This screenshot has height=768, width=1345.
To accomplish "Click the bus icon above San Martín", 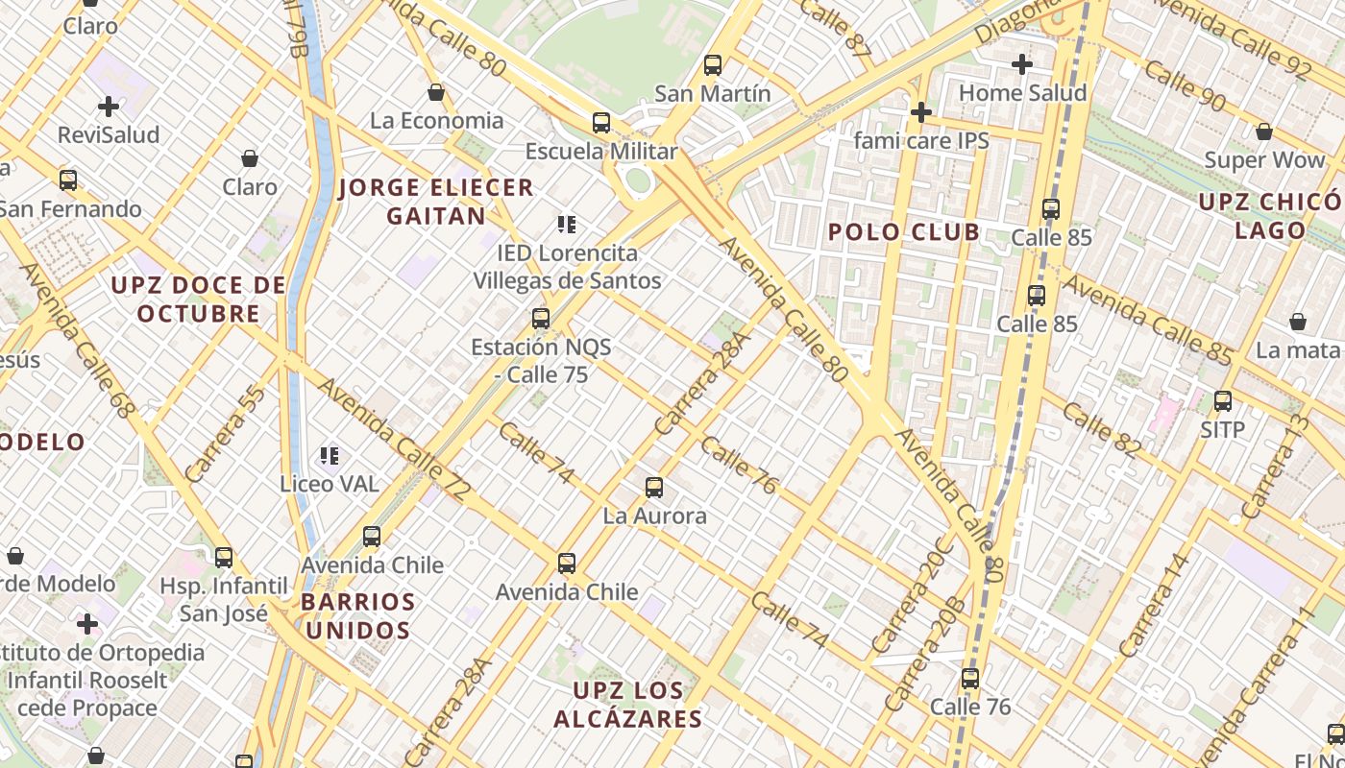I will click(712, 65).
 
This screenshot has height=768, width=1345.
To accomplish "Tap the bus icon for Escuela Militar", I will click(601, 123).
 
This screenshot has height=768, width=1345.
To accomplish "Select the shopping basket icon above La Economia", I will click(436, 92).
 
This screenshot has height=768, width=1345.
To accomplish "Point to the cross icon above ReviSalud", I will click(109, 107).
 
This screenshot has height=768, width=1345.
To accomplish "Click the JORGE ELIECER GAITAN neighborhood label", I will click(436, 202).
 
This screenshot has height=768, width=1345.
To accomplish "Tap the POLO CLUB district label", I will click(904, 231).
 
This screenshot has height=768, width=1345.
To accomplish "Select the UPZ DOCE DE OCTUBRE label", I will click(199, 299).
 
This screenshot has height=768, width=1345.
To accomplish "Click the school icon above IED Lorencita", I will click(567, 225).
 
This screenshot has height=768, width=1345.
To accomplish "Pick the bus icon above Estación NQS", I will click(541, 319).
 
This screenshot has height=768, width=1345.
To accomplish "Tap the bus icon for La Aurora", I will click(654, 488).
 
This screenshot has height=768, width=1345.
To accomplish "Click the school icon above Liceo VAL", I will click(330, 455).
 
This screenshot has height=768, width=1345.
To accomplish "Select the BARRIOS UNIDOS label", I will click(358, 616).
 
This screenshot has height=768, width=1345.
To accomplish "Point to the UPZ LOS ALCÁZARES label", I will click(628, 705).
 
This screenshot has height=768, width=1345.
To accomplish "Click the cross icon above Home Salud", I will click(1022, 64).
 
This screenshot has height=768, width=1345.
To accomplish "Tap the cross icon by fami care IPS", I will click(921, 113).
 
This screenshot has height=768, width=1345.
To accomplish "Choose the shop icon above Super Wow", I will click(1264, 132).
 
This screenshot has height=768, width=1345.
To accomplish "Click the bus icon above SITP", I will click(1223, 401).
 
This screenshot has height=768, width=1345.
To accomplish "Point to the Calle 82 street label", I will click(1101, 429).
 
